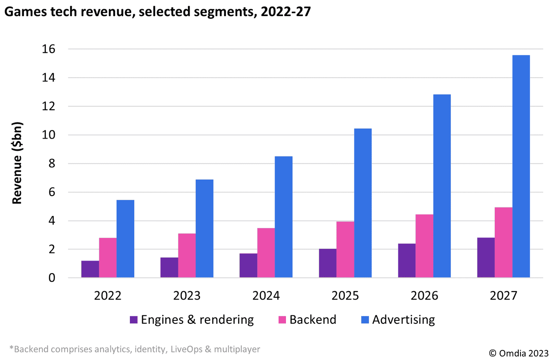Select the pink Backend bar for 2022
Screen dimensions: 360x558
pyautogui.click(x=108, y=258)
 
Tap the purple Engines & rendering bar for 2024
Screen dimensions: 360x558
pyautogui.click(x=248, y=265)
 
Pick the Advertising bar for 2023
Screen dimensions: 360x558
pyautogui.click(x=204, y=228)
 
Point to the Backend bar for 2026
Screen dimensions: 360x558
pyautogui.click(x=424, y=246)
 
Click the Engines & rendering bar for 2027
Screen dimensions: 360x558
pyautogui.click(x=486, y=258)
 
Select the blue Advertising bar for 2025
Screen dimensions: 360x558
pyautogui.click(x=363, y=203)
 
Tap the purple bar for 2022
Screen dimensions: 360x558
pyautogui.click(x=90, y=269)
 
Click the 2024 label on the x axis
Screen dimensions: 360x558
pyautogui.click(x=266, y=296)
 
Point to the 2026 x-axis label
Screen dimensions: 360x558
pyautogui.click(x=424, y=296)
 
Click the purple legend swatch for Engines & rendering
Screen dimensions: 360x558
pyautogui.click(x=134, y=320)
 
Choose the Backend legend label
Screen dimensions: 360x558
pyautogui.click(x=313, y=319)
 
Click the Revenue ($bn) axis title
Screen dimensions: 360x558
pyautogui.click(x=17, y=163)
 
